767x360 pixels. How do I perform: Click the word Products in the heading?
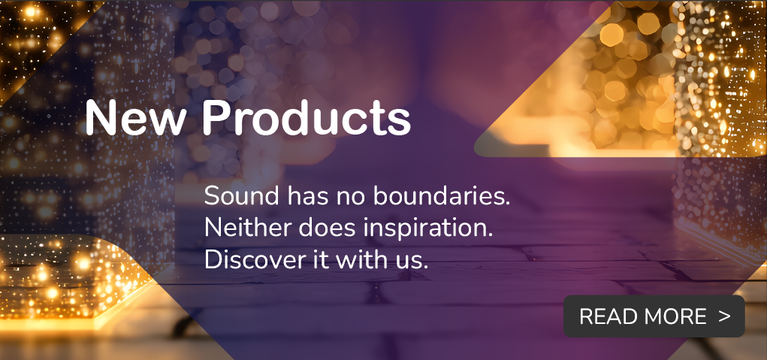click(307, 119)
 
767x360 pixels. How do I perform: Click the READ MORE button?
click(654, 316)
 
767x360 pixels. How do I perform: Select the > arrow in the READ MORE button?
click(724, 316)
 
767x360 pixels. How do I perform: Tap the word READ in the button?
click(606, 316)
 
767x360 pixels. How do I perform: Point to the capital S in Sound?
click(213, 197)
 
